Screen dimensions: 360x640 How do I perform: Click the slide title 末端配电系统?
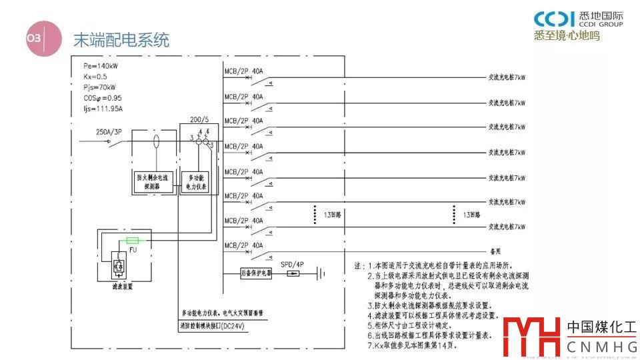click(121, 40)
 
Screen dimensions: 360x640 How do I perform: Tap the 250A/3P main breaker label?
click(110, 132)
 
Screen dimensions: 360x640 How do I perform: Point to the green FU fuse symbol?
click(132, 241)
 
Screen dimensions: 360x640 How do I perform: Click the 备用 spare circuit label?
click(494, 252)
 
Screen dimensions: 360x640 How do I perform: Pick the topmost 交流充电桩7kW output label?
click(507, 78)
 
